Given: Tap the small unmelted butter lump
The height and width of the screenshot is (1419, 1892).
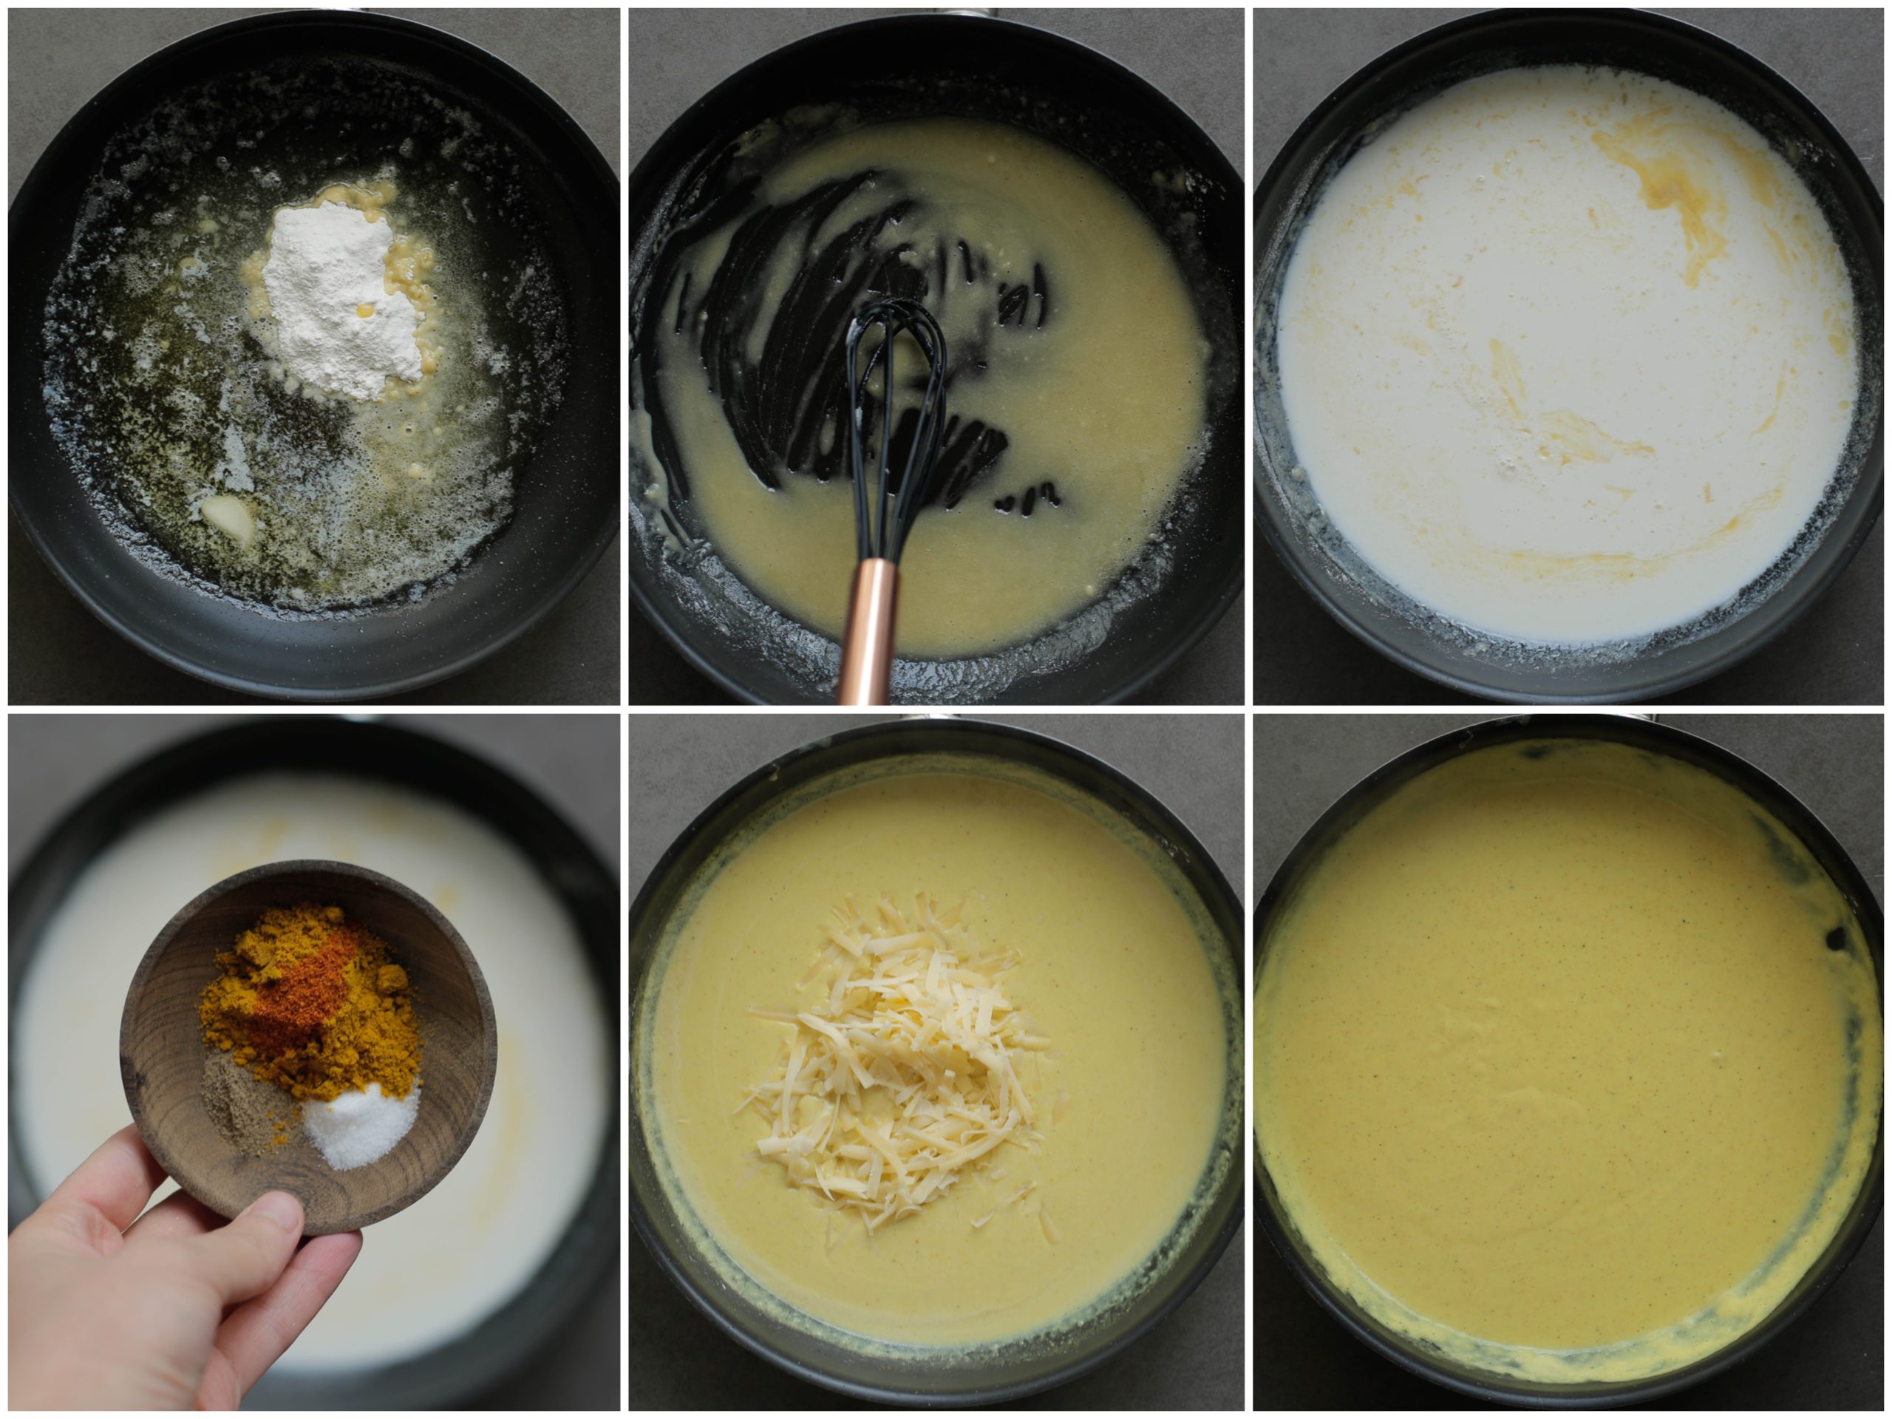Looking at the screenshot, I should [x=227, y=515].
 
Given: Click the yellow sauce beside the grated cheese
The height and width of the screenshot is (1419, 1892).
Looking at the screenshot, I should [x=1129, y=1027].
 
